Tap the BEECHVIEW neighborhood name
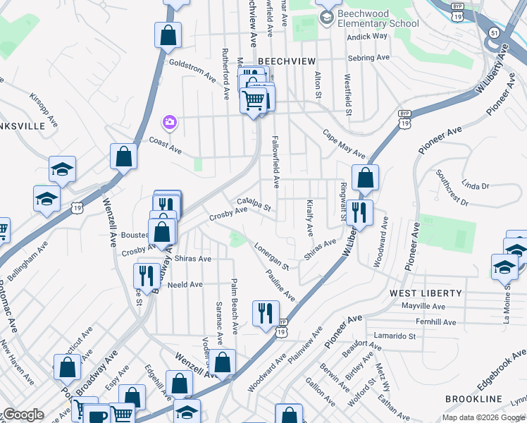(x=286, y=61)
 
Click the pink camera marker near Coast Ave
(x=169, y=123)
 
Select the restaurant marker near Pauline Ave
(x=266, y=312)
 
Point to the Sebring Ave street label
(x=372, y=57)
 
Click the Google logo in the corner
(x=23, y=415)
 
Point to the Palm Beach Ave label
(x=232, y=307)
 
